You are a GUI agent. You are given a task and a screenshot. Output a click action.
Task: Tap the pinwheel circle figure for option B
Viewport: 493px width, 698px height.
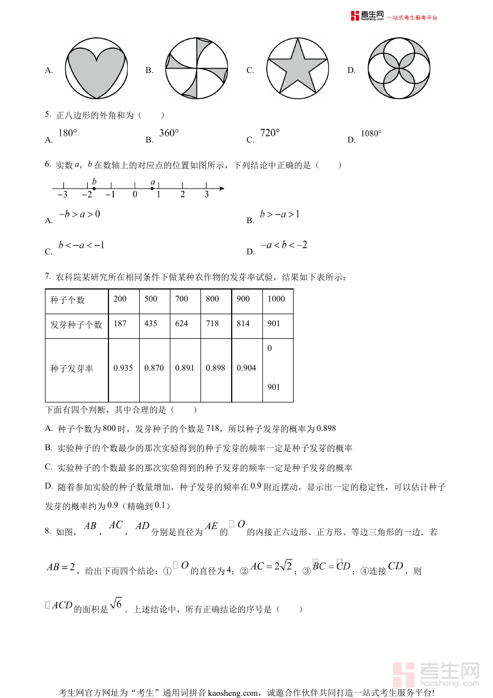tap(197, 69)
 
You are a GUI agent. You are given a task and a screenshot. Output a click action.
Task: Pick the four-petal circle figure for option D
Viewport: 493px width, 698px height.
tap(399, 69)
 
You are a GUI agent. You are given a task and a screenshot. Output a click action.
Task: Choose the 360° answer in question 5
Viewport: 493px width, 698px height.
tap(169, 133)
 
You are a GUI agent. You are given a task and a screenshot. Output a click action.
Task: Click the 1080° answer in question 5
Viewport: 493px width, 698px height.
tap(371, 134)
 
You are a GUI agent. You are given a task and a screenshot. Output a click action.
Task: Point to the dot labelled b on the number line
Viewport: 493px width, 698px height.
tap(94, 189)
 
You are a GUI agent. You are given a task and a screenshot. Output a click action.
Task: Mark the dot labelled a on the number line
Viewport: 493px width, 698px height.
tap(152, 189)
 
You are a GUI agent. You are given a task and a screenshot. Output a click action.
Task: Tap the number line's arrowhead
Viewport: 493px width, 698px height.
tap(221, 189)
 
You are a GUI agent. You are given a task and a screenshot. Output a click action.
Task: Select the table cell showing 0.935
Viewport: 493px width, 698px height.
tap(123, 368)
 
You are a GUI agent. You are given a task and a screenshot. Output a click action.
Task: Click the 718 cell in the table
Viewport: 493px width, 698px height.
tap(213, 324)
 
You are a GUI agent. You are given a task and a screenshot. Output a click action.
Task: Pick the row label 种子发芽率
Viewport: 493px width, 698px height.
tap(72, 369)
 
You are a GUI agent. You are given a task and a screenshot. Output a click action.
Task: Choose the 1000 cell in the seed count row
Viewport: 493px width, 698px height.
tap(277, 299)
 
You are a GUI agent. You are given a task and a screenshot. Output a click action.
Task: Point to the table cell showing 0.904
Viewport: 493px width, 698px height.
tap(246, 368)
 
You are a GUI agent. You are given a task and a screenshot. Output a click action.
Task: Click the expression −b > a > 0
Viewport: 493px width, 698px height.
tap(79, 214)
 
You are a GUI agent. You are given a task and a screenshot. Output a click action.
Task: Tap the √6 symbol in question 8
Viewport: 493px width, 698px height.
tap(116, 604)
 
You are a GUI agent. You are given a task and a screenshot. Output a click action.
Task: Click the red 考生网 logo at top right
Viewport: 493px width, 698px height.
tap(368, 16)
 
